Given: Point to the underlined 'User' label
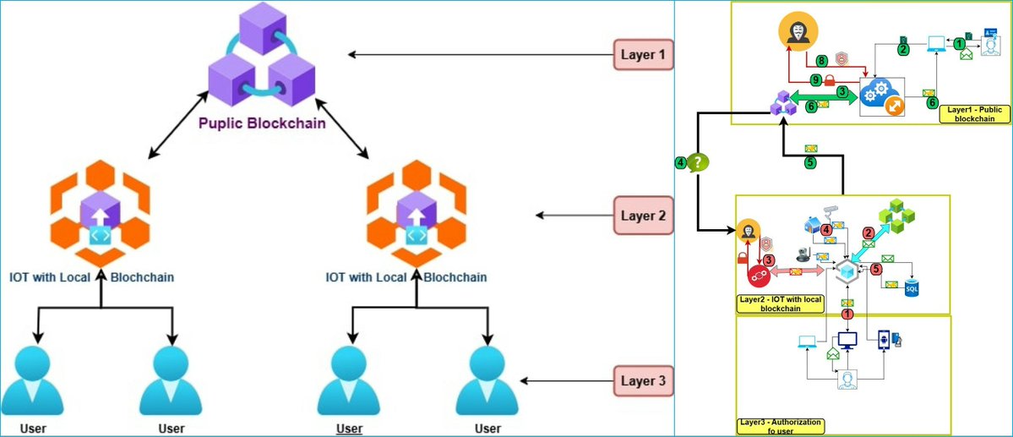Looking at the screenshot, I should pyautogui.click(x=350, y=428).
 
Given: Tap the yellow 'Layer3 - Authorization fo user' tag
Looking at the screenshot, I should pyautogui.click(x=778, y=426).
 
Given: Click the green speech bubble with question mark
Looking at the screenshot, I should pyautogui.click(x=697, y=161).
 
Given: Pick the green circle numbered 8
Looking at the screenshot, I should pyautogui.click(x=821, y=60).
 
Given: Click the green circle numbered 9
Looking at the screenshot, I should pyautogui.click(x=815, y=80).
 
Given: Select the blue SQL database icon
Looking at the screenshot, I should pyautogui.click(x=912, y=287).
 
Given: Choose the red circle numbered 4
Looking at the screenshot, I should pyautogui.click(x=827, y=229).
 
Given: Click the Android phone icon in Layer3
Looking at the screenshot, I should pyautogui.click(x=885, y=339).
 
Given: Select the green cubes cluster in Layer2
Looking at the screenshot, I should pyautogui.click(x=896, y=215).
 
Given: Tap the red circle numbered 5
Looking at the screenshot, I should pyautogui.click(x=876, y=270).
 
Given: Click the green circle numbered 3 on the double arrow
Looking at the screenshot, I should pyautogui.click(x=841, y=91).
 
